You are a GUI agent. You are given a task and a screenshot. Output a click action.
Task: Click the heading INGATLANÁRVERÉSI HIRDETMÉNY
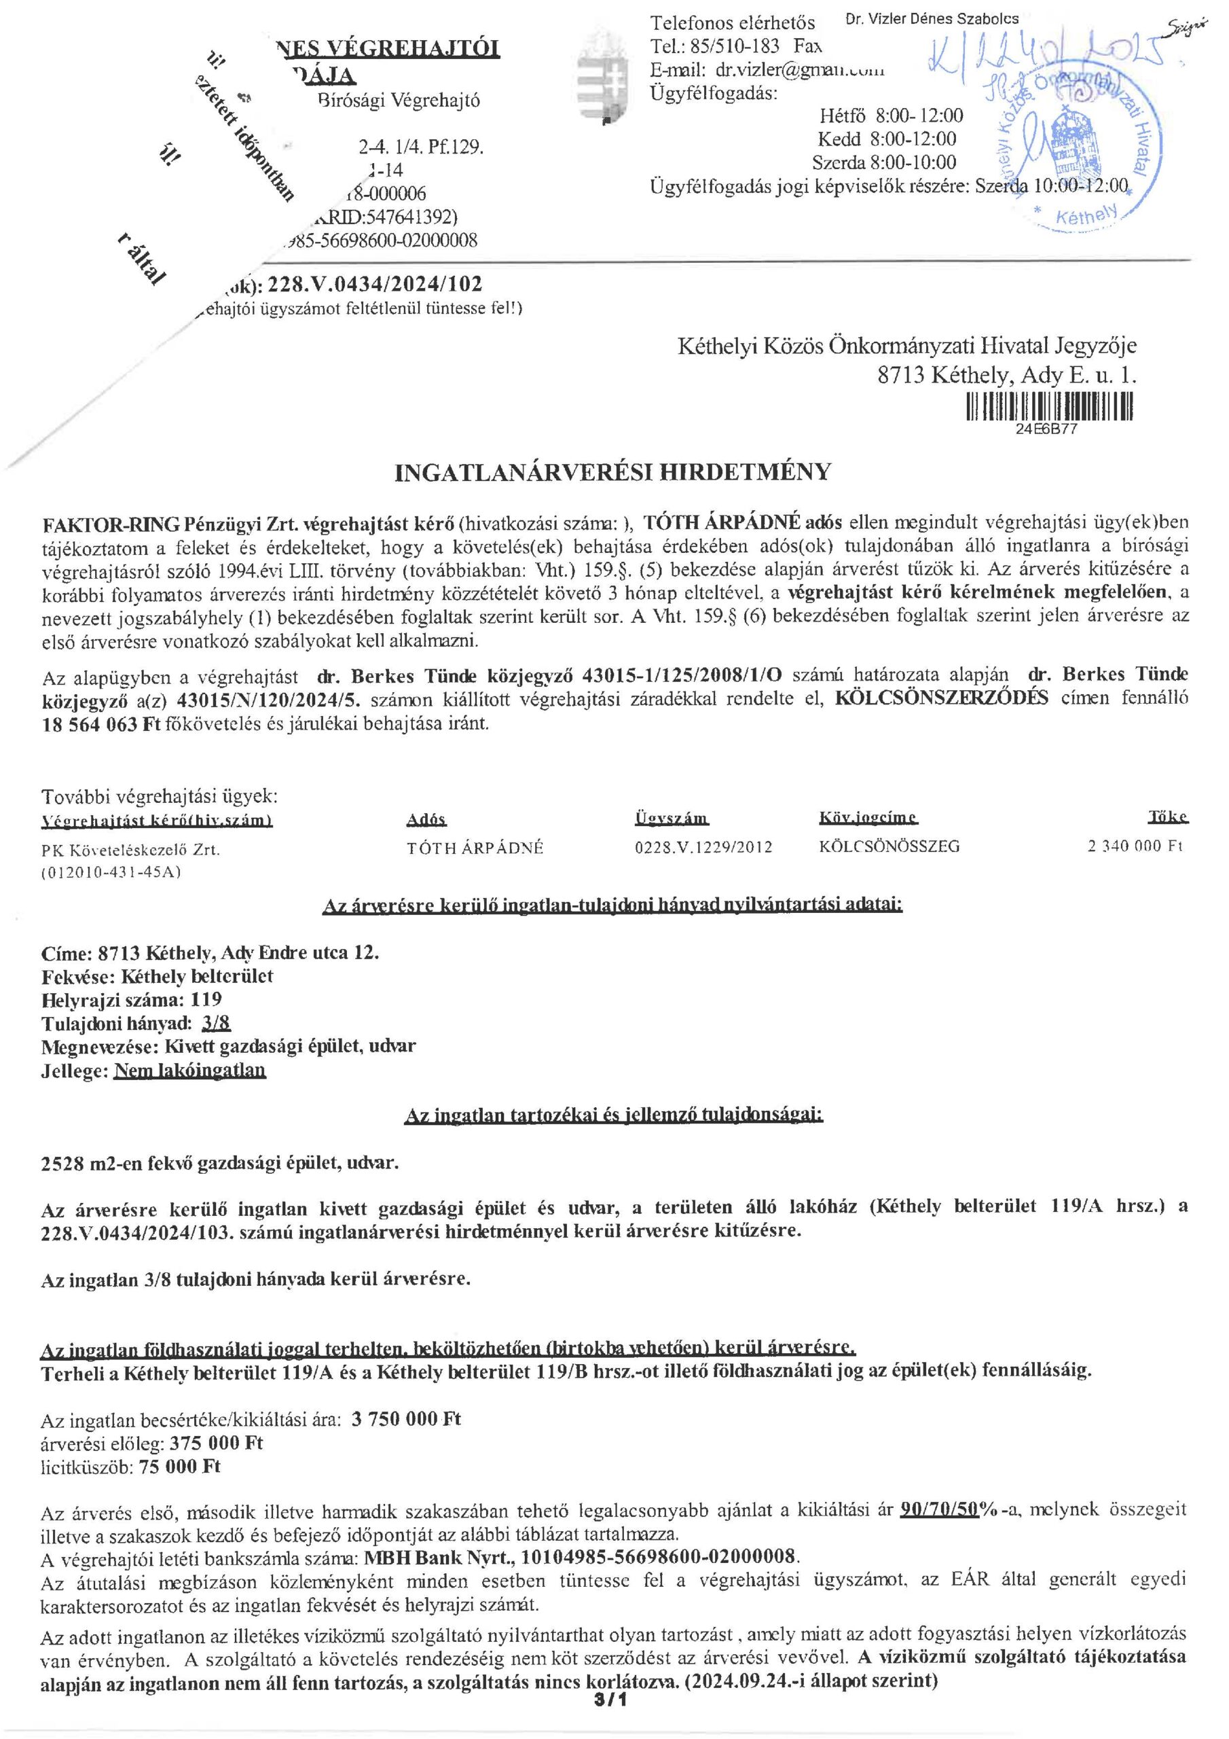pos(612,473)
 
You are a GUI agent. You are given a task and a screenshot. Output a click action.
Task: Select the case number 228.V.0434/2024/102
pos(375,284)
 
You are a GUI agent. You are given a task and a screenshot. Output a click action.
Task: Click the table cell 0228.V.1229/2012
pos(703,848)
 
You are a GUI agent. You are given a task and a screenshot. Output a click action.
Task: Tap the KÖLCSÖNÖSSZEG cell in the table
pos(888,847)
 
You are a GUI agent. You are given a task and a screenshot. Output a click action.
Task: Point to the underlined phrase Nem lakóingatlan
pos(189,1071)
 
